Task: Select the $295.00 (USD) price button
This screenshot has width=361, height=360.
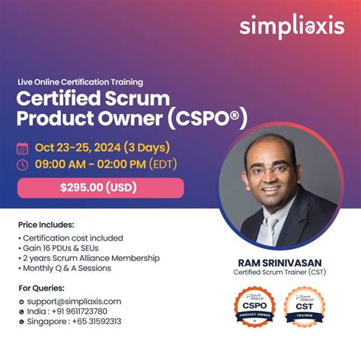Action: pyautogui.click(x=100, y=188)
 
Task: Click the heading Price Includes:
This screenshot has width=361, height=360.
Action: pyautogui.click(x=46, y=225)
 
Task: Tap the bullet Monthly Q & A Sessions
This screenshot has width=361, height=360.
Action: pyautogui.click(x=67, y=268)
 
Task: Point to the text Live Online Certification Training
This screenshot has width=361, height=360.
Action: pyautogui.click(x=80, y=82)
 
